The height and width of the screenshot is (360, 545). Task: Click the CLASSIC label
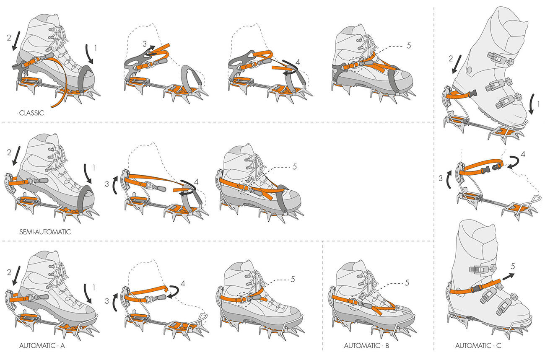tap(31, 113)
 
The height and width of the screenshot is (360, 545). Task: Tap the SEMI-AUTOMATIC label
tap(45, 232)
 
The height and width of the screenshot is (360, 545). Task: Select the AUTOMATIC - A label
tap(42, 346)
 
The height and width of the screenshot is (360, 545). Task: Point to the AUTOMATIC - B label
tap(366, 346)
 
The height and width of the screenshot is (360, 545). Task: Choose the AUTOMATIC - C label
tap(478, 346)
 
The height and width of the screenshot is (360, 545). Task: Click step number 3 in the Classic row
tap(145, 44)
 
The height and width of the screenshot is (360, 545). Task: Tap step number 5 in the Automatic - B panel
tap(407, 282)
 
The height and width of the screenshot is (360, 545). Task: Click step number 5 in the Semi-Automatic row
tap(295, 167)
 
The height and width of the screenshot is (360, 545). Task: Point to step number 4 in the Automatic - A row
tap(183, 284)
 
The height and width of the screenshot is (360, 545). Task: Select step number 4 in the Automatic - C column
tap(523, 154)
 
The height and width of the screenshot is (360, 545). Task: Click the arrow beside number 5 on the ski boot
tap(508, 277)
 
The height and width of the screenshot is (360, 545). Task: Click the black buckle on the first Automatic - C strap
tap(473, 93)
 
